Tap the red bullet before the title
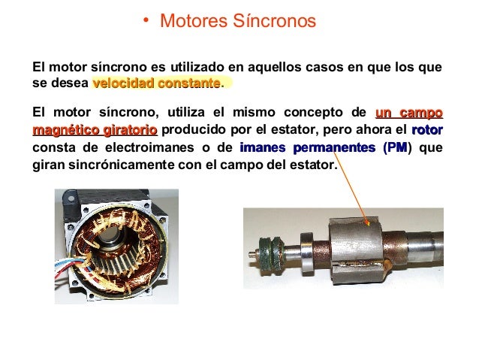pos(148,23)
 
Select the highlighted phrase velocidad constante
pos(156,82)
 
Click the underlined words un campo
pos(408,113)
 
